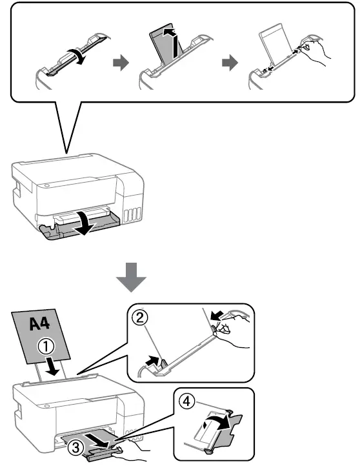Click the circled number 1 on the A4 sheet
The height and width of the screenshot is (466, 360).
(46, 347)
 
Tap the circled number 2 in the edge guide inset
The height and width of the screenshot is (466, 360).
(139, 318)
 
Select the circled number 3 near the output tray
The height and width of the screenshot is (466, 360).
(75, 447)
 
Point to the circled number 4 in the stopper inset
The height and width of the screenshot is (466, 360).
(186, 401)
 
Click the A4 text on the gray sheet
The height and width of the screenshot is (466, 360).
(39, 323)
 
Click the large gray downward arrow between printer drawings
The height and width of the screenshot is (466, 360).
(131, 277)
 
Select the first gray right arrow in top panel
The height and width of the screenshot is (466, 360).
(121, 63)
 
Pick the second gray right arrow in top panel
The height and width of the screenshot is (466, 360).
(230, 63)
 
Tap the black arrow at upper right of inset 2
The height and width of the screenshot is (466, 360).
(216, 316)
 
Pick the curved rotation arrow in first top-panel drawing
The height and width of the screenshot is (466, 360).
(77, 56)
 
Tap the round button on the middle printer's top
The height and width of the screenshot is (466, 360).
(46, 185)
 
